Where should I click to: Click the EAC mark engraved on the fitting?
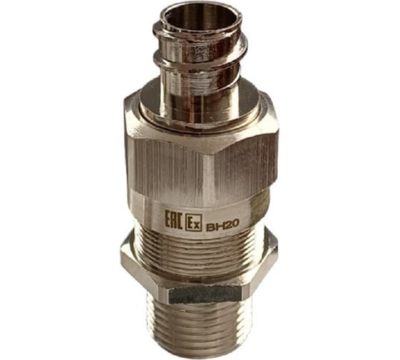pyautogui.click(x=174, y=219)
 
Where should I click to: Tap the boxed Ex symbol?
pyautogui.click(x=194, y=222)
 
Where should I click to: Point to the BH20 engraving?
pyautogui.click(x=222, y=225)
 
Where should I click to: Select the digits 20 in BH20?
pyautogui.click(x=231, y=224)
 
